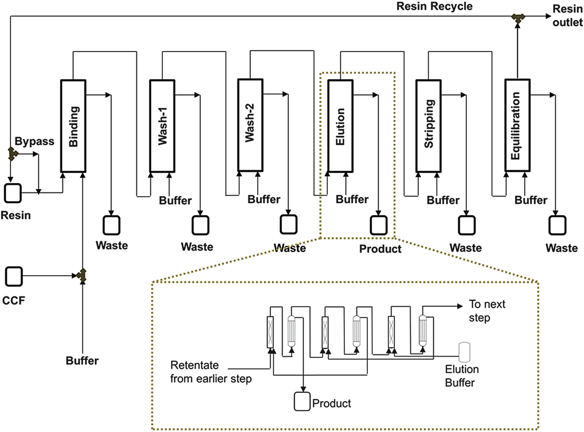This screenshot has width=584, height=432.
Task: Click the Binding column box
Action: coord(73,126)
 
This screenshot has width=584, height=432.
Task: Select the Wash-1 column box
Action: coord(162,126)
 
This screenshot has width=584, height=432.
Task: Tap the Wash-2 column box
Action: coord(250,125)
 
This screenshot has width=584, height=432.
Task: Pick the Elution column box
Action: coord(340,126)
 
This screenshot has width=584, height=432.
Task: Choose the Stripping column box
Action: coord(428,126)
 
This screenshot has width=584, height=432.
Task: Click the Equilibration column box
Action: coord(517,126)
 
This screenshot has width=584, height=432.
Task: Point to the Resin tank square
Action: coord(13,193)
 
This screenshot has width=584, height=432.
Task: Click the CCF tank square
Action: coord(14,276)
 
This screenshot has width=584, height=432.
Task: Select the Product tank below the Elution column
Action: coord(378,225)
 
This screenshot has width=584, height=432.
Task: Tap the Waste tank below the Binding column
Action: coord(111,225)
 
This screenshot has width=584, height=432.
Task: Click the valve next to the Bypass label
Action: coord(12,154)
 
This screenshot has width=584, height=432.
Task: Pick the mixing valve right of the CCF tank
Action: coord(82,276)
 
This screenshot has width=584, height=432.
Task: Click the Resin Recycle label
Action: coord(434,6)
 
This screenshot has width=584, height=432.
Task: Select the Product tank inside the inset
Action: coord(302,401)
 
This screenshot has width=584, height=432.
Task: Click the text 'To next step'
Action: coord(487,311)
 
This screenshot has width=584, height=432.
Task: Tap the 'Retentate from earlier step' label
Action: coord(211,372)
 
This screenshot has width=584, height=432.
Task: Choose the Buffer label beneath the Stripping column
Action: coord(443,200)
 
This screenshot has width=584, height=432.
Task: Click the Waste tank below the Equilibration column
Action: coord(557,225)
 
